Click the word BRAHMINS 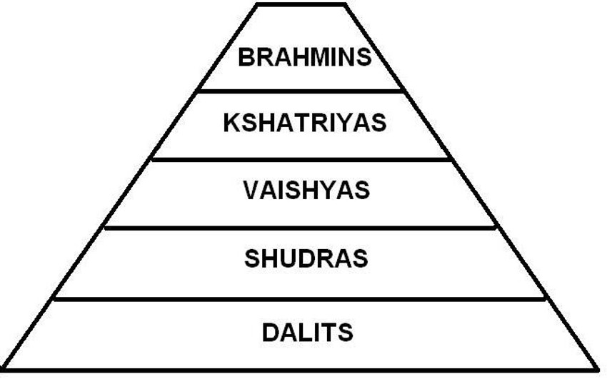[305, 56]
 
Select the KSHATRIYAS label [304, 123]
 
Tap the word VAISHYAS [306, 191]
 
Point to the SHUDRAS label [306, 258]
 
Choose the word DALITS [307, 332]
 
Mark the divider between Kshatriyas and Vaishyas [301, 158]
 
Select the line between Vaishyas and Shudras [301, 228]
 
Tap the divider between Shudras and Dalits [301, 298]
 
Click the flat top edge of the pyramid [301, 4]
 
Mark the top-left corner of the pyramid [257, 4]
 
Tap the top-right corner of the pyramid [346, 4]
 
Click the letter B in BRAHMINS [246, 56]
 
